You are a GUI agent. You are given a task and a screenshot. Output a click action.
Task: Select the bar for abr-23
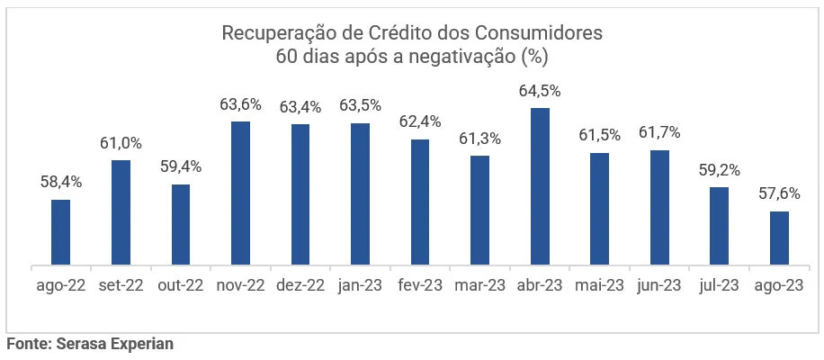coord(540,187)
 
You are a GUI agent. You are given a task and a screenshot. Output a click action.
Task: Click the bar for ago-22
coord(60,232)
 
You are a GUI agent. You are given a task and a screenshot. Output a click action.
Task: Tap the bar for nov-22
coord(240,193)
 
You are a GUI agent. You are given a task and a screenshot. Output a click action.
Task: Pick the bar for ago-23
coord(779,238)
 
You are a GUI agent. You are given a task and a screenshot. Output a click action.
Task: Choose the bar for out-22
coord(181,225)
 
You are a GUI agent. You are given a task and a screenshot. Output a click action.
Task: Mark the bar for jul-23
coord(719,226)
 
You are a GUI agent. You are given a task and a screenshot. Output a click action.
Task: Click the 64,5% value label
coord(540,91)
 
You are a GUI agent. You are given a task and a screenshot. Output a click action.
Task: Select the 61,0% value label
coord(121,143)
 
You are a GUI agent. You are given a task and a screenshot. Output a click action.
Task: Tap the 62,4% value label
coord(420,121)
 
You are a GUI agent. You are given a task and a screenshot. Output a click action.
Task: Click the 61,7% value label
coord(659,132)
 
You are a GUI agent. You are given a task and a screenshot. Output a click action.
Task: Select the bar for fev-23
coord(420,202)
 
